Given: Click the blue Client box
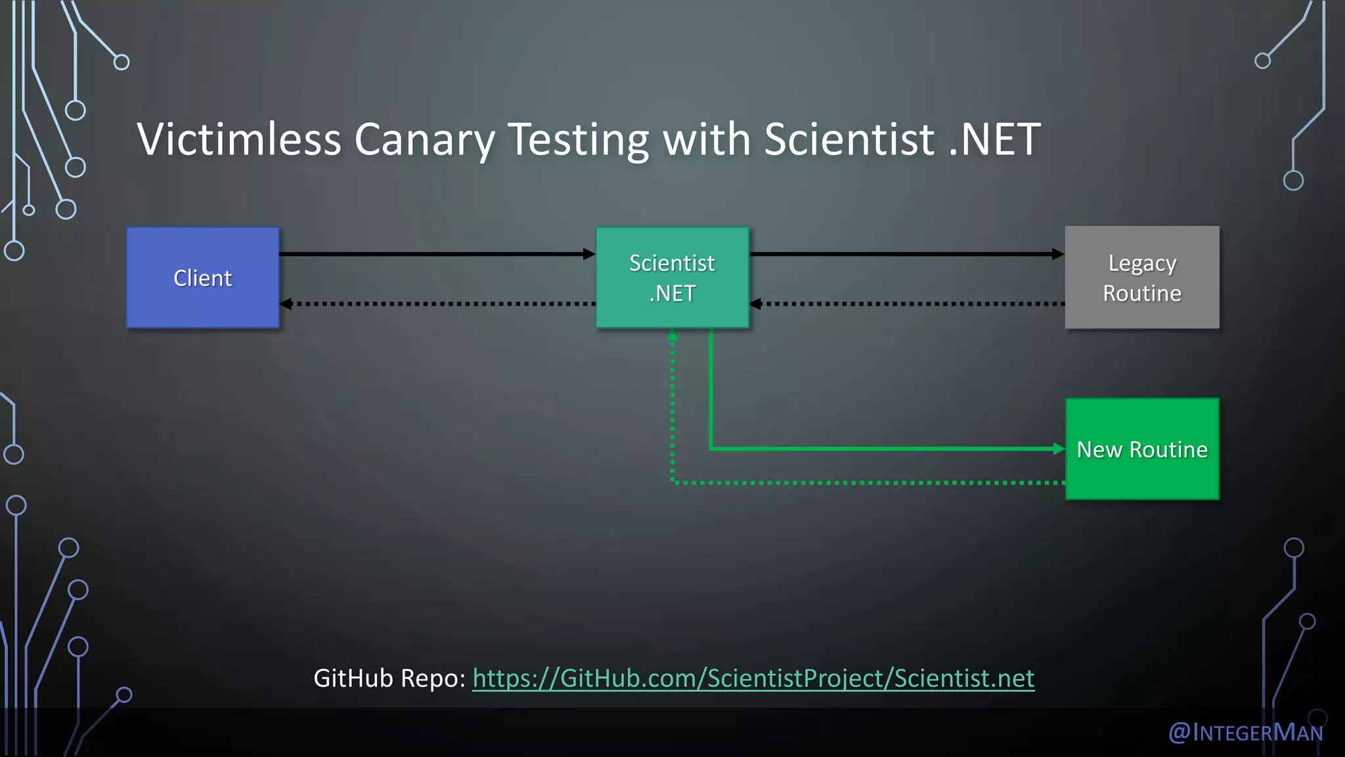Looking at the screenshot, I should click(x=203, y=277).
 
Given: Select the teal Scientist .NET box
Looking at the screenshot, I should click(x=672, y=277).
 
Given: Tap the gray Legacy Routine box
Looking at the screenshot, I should click(x=1141, y=277).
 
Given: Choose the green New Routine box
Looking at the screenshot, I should click(x=1141, y=449).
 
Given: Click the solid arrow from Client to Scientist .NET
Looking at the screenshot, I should click(x=437, y=254).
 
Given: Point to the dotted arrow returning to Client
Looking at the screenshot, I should click(x=437, y=304).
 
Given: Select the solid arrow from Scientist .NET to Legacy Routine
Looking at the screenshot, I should click(x=906, y=254).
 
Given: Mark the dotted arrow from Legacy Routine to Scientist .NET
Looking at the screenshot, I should click(x=906, y=304).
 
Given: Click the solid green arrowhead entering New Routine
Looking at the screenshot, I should click(x=1058, y=449).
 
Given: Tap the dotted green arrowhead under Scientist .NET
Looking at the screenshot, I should click(x=672, y=336).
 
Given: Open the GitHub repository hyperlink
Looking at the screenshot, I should click(x=753, y=678).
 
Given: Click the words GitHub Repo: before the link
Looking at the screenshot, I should click(x=389, y=678).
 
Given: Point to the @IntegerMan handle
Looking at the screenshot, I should click(x=1245, y=732).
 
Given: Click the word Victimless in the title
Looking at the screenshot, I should click(x=239, y=139).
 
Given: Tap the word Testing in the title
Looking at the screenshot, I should click(x=578, y=139).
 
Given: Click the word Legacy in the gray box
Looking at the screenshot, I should click(x=1142, y=263).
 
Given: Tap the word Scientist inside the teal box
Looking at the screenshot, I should click(x=672, y=263).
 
